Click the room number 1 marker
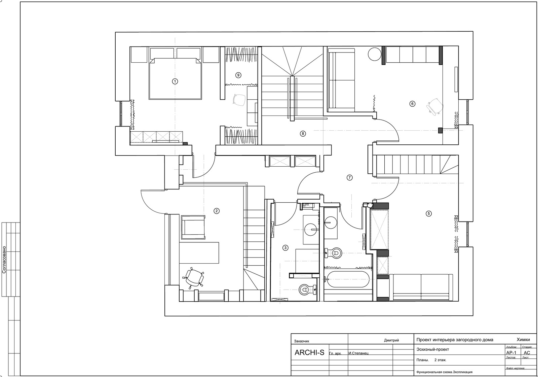coord(175,81)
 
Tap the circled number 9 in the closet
coord(238,75)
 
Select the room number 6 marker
coord(412,104)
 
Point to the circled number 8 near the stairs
coord(303,133)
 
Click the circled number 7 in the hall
coord(349,178)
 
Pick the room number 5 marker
coord(429,213)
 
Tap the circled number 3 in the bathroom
coord(285,248)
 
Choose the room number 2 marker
coord(217,211)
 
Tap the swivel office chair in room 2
coord(194,278)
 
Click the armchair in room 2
coord(193,228)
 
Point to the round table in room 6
coord(375,54)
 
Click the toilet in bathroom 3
coord(308,289)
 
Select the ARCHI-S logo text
coord(309,352)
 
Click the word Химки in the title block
coord(523,340)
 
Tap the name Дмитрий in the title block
coord(391,340)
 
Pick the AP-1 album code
coord(511,353)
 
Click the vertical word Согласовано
coord(4,260)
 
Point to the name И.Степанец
coord(358,353)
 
